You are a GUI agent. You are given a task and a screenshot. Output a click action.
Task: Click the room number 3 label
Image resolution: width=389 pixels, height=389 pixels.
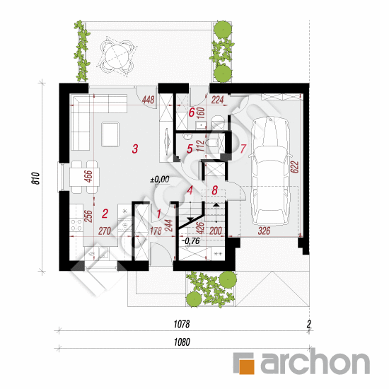pyautogui.click(x=135, y=149)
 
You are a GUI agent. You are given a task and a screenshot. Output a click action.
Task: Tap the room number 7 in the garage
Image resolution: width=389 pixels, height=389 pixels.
pyautogui.click(x=243, y=149)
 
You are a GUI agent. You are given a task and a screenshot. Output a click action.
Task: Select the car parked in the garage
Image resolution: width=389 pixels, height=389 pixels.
pyautogui.click(x=271, y=172)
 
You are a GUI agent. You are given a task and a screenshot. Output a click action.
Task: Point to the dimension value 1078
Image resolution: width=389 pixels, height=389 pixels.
pyautogui.click(x=182, y=324)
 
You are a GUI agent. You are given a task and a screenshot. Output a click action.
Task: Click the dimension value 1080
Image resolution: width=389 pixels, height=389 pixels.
pyautogui.click(x=182, y=342)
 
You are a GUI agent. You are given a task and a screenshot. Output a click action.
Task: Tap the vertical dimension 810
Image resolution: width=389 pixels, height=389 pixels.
pyautogui.click(x=36, y=178)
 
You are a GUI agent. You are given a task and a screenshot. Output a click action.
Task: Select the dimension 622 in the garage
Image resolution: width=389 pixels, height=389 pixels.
pyautogui.click(x=294, y=167)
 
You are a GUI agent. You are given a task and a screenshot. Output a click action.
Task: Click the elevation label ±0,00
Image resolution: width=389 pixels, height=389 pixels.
pyautogui.click(x=160, y=180)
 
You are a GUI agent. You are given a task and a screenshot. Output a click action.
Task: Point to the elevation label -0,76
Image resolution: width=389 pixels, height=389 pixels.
pyautogui.click(x=191, y=241)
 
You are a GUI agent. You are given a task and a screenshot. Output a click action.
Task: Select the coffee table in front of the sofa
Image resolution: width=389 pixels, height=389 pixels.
pyautogui.click(x=110, y=134)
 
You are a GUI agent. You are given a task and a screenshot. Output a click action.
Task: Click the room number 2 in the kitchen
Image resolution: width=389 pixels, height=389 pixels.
pyautogui.click(x=105, y=214)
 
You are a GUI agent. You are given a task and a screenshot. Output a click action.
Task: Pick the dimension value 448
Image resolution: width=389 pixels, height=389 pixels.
pyautogui.click(x=148, y=100)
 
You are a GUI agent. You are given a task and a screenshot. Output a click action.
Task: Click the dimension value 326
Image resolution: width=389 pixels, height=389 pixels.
pyautogui.click(x=264, y=231)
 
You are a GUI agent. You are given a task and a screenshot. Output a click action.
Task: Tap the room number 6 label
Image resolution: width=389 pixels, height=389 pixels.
pyautogui.click(x=192, y=112)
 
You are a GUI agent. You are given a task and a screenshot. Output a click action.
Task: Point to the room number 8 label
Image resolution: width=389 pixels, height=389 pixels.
pyautogui.click(x=214, y=190)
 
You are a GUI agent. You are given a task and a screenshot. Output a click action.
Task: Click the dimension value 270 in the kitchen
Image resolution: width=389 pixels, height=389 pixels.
pyautogui.click(x=105, y=231)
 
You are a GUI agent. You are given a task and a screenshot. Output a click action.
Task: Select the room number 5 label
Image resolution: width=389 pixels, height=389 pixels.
pyautogui.click(x=190, y=149)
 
